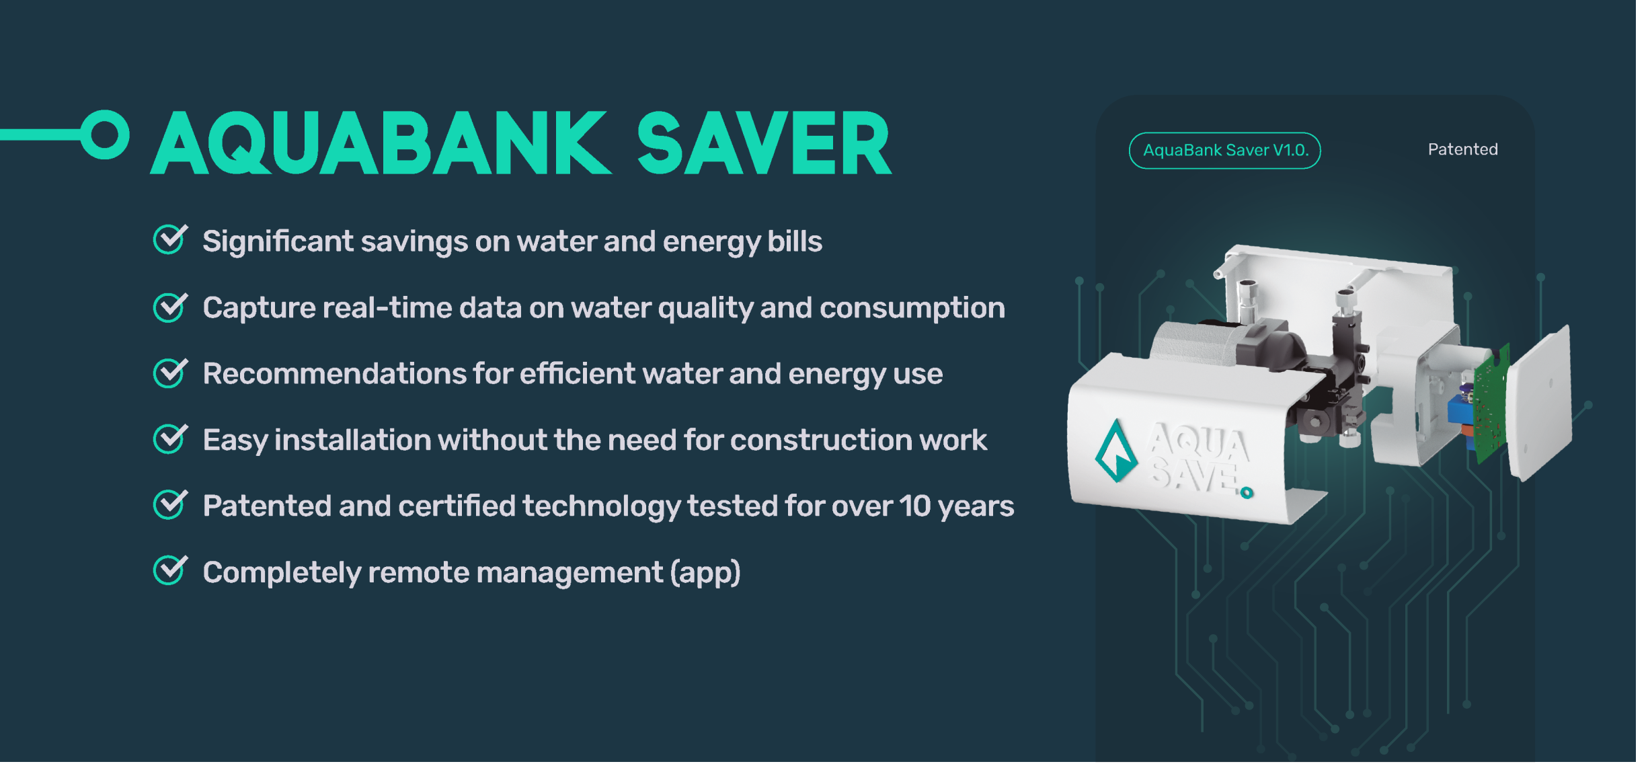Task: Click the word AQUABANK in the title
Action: (381, 143)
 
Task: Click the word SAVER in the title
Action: (764, 143)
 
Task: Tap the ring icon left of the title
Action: (105, 135)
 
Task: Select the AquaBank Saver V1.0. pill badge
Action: (1224, 150)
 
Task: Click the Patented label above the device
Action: (1462, 149)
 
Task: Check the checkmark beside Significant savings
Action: (170, 239)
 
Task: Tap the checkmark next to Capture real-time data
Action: (170, 307)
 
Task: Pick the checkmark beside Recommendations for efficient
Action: (170, 373)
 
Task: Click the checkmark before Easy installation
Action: (170, 438)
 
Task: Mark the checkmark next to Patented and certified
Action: (170, 504)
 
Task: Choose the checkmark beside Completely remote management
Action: (170, 570)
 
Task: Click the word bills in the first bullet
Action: (795, 241)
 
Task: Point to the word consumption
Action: (912, 309)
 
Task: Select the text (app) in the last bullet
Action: (705, 573)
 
